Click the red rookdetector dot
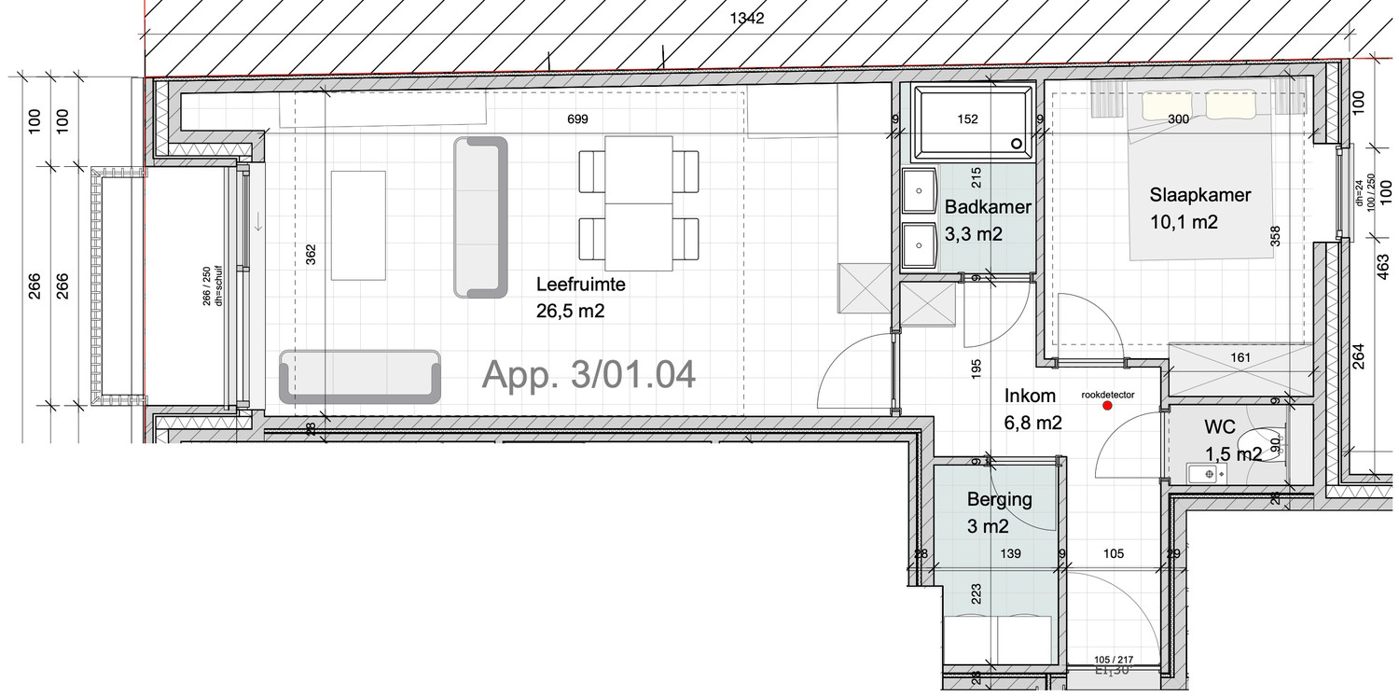point(1107,406)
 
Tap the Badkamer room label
point(988,207)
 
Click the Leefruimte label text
point(580,285)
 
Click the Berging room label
point(999,499)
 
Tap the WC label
point(1219,427)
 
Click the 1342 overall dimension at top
point(748,19)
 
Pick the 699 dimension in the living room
point(579,119)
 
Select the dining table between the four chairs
point(639,202)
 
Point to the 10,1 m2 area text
point(1184,222)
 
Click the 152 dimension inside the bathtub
point(968,119)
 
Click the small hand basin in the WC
point(1209,475)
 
